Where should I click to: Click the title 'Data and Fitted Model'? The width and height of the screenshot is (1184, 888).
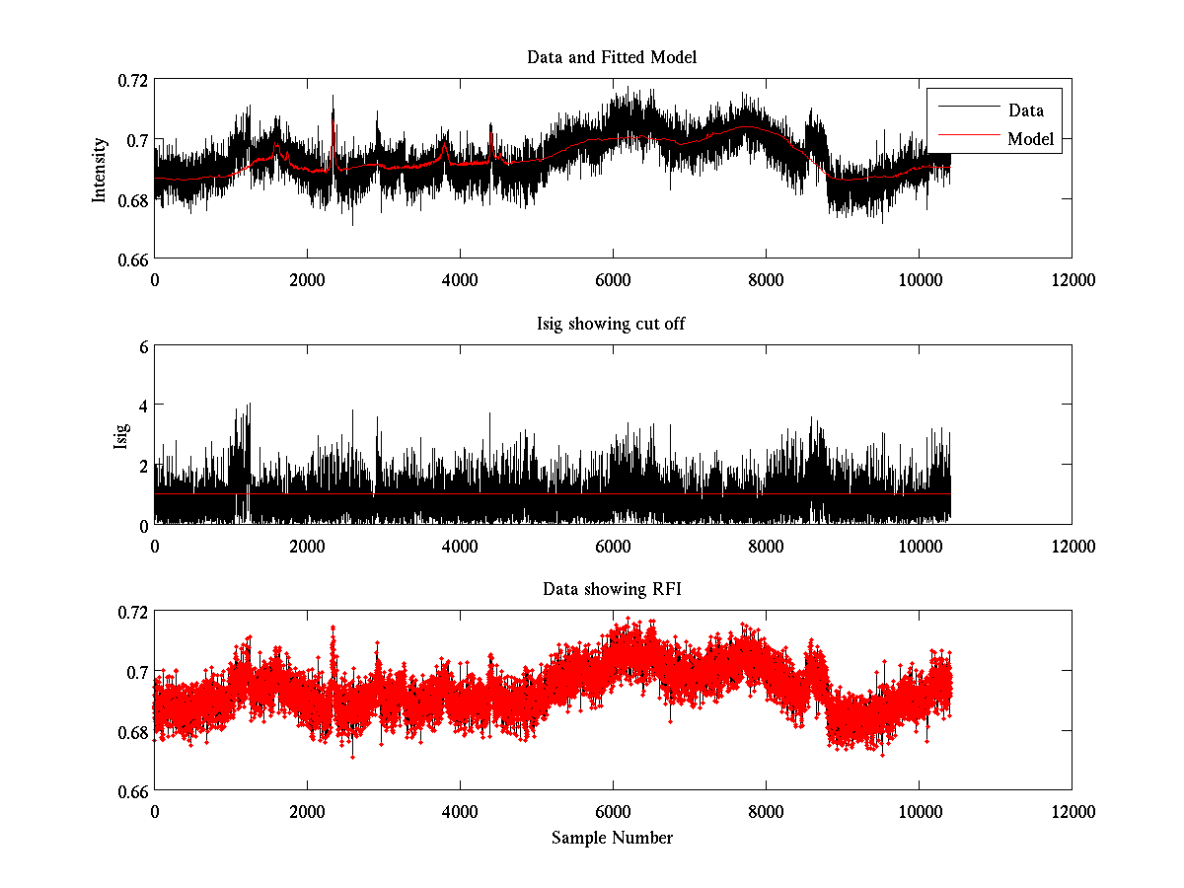(612, 57)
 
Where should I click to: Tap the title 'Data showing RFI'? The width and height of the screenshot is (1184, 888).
(612, 589)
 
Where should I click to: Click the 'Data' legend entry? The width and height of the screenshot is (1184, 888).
(1025, 111)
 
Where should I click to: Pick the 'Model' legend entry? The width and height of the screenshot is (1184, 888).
(1030, 139)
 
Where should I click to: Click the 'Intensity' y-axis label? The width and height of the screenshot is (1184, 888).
(99, 169)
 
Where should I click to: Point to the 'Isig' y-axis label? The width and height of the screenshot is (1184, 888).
(121, 435)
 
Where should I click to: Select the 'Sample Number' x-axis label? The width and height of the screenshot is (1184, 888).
(612, 838)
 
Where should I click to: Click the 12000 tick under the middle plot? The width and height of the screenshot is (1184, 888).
(1073, 546)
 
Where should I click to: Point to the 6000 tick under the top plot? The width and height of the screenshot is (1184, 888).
(613, 280)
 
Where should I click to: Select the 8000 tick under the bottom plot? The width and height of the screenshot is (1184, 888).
(766, 812)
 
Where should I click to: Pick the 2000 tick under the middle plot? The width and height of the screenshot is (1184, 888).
(307, 546)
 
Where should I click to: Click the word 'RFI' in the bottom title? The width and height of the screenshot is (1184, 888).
(666, 589)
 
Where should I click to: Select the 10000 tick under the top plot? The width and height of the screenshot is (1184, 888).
(919, 280)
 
